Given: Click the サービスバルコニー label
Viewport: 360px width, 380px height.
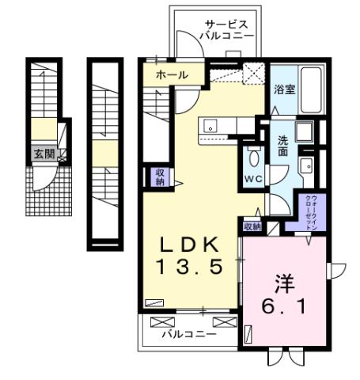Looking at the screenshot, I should (x=229, y=29).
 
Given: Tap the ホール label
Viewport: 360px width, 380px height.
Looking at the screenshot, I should (x=172, y=75).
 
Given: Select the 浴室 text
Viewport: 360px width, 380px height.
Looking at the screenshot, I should (x=284, y=89).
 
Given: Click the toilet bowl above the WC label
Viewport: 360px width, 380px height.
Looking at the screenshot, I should (x=255, y=156).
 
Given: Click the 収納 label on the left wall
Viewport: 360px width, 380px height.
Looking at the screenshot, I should (x=160, y=176).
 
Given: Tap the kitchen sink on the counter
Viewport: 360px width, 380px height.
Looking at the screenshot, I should (x=210, y=125).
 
